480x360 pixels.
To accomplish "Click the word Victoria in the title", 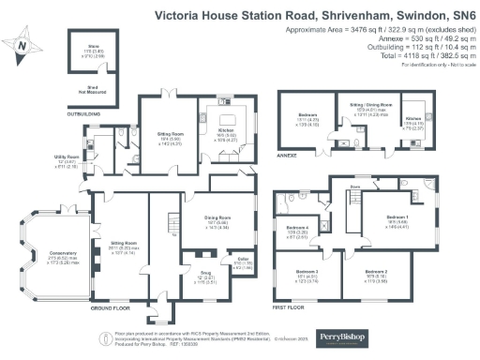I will (183, 16).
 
